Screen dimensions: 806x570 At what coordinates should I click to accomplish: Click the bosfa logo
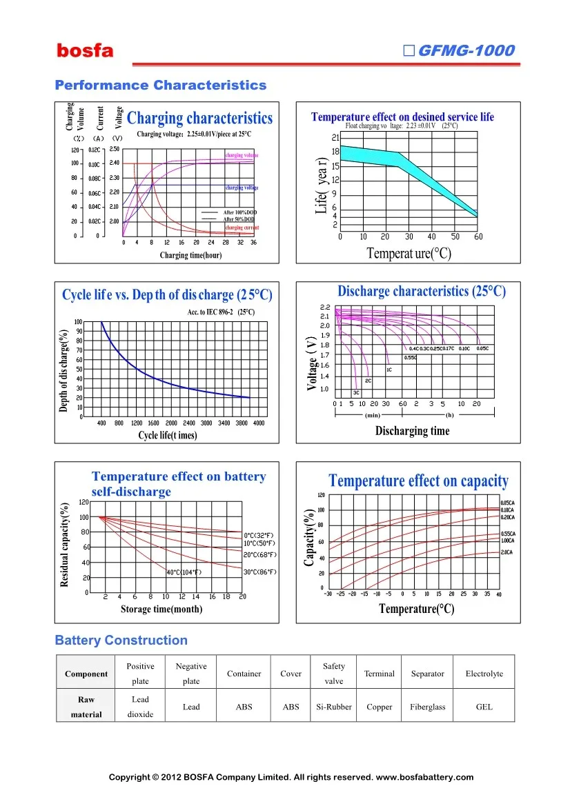click(85, 51)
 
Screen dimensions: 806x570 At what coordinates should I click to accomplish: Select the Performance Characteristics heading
click(160, 85)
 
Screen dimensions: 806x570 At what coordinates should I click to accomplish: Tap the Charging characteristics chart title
click(200, 119)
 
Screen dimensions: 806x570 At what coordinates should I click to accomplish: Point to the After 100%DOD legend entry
click(239, 212)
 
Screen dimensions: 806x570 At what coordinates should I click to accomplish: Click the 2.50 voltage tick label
click(115, 149)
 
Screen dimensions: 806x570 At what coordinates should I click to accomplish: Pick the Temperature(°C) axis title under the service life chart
click(409, 254)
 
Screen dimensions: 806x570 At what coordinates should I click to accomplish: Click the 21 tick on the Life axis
click(335, 137)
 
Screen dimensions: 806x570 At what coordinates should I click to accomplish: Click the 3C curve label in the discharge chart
click(357, 392)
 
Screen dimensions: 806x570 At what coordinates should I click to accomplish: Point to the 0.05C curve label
click(482, 348)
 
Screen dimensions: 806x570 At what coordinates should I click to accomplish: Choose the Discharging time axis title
click(412, 431)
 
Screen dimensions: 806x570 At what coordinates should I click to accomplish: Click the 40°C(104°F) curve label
click(184, 572)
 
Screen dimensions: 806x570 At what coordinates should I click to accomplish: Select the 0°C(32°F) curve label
click(259, 535)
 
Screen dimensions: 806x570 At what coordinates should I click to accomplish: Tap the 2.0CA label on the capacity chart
click(507, 552)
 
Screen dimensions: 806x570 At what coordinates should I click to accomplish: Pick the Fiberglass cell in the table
click(427, 707)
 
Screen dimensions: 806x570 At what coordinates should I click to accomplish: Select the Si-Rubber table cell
click(333, 707)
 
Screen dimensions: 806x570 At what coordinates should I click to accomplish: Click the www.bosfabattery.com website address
click(424, 777)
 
